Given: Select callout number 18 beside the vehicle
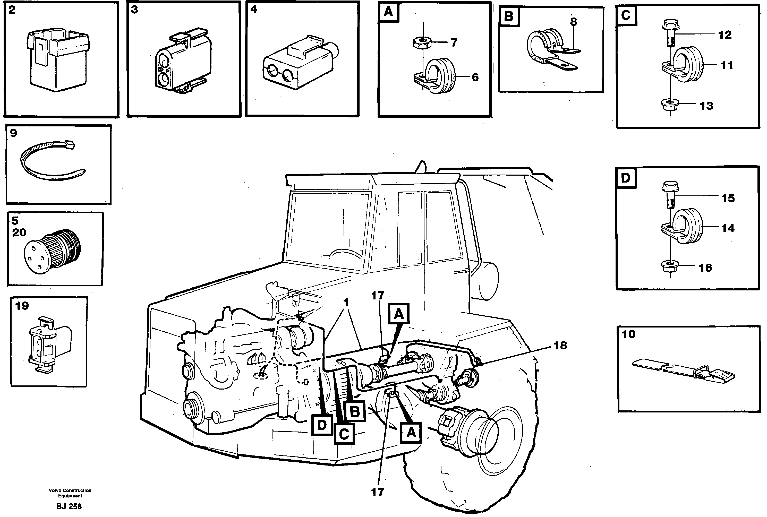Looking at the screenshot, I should pyautogui.click(x=561, y=346).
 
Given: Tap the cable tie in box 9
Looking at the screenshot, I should pyautogui.click(x=49, y=162).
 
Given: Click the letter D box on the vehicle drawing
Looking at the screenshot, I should pyautogui.click(x=322, y=425).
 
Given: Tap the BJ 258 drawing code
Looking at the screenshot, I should pyautogui.click(x=69, y=506).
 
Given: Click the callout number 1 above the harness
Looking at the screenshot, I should pyautogui.click(x=346, y=302).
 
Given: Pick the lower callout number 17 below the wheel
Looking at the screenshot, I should pyautogui.click(x=378, y=492).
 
